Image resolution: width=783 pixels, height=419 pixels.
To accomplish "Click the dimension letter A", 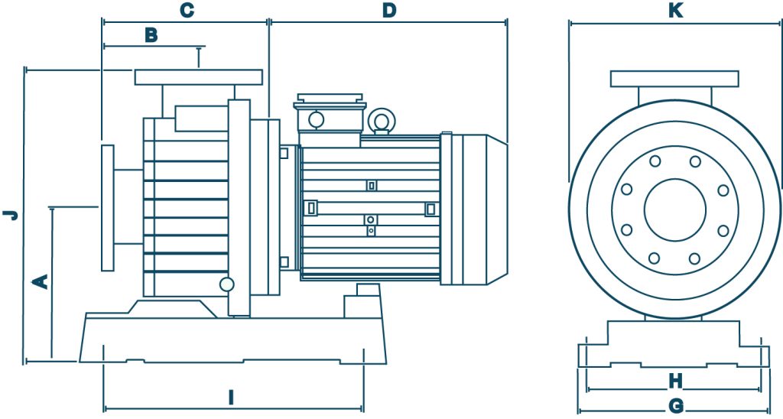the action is (x=41, y=281).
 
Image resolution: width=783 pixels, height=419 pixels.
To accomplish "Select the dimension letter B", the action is (x=151, y=35).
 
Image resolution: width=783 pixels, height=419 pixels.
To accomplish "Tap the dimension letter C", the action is (x=187, y=11).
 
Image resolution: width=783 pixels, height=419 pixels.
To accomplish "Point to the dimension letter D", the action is (x=389, y=11).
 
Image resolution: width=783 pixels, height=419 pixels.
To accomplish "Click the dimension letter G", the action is (x=676, y=406).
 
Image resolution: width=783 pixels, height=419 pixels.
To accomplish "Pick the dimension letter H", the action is (x=676, y=382).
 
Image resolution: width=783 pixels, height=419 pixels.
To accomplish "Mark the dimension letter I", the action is (x=231, y=398).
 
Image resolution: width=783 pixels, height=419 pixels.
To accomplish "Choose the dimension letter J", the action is (x=11, y=215).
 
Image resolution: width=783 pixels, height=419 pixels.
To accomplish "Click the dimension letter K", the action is (x=676, y=11).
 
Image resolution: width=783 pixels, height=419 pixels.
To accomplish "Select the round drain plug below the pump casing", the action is (x=226, y=284).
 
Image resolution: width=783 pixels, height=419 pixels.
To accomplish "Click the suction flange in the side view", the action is (x=107, y=208).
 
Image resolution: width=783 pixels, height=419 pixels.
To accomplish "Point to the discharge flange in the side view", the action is (x=198, y=77).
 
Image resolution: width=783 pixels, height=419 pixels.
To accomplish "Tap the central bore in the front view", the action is (x=674, y=209).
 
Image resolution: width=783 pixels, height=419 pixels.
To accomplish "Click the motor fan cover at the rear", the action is (x=473, y=209).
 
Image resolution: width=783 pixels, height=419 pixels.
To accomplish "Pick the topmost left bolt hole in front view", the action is (x=655, y=161).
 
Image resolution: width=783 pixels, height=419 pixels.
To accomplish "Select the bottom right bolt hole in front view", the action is (x=694, y=258).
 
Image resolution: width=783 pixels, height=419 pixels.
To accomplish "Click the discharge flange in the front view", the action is (x=674, y=79).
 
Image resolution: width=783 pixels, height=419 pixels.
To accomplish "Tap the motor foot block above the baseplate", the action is (x=362, y=301).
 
